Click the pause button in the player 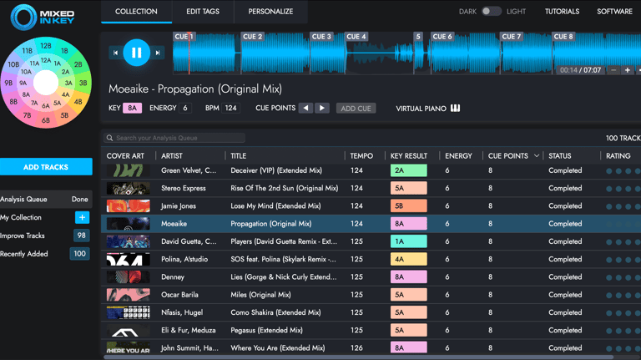pyautogui.click(x=136, y=53)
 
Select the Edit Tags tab pyautogui.click(x=203, y=12)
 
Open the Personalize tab pyautogui.click(x=270, y=12)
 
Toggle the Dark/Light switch pyautogui.click(x=491, y=12)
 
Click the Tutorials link pyautogui.click(x=562, y=12)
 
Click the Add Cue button pyautogui.click(x=356, y=109)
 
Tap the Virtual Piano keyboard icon pyautogui.click(x=455, y=109)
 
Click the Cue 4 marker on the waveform pyautogui.click(x=356, y=37)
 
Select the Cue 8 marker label pyautogui.click(x=563, y=37)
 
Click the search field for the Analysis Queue pyautogui.click(x=175, y=138)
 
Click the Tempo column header pyautogui.click(x=361, y=156)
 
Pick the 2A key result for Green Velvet pyautogui.click(x=408, y=170)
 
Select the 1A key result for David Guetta pyautogui.click(x=408, y=241)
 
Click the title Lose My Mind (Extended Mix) pyautogui.click(x=275, y=206)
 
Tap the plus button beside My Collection pyautogui.click(x=82, y=217)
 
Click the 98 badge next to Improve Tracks pyautogui.click(x=80, y=236)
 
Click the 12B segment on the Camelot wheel pyautogui.click(x=46, y=47)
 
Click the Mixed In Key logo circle pyautogui.click(x=23, y=17)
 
